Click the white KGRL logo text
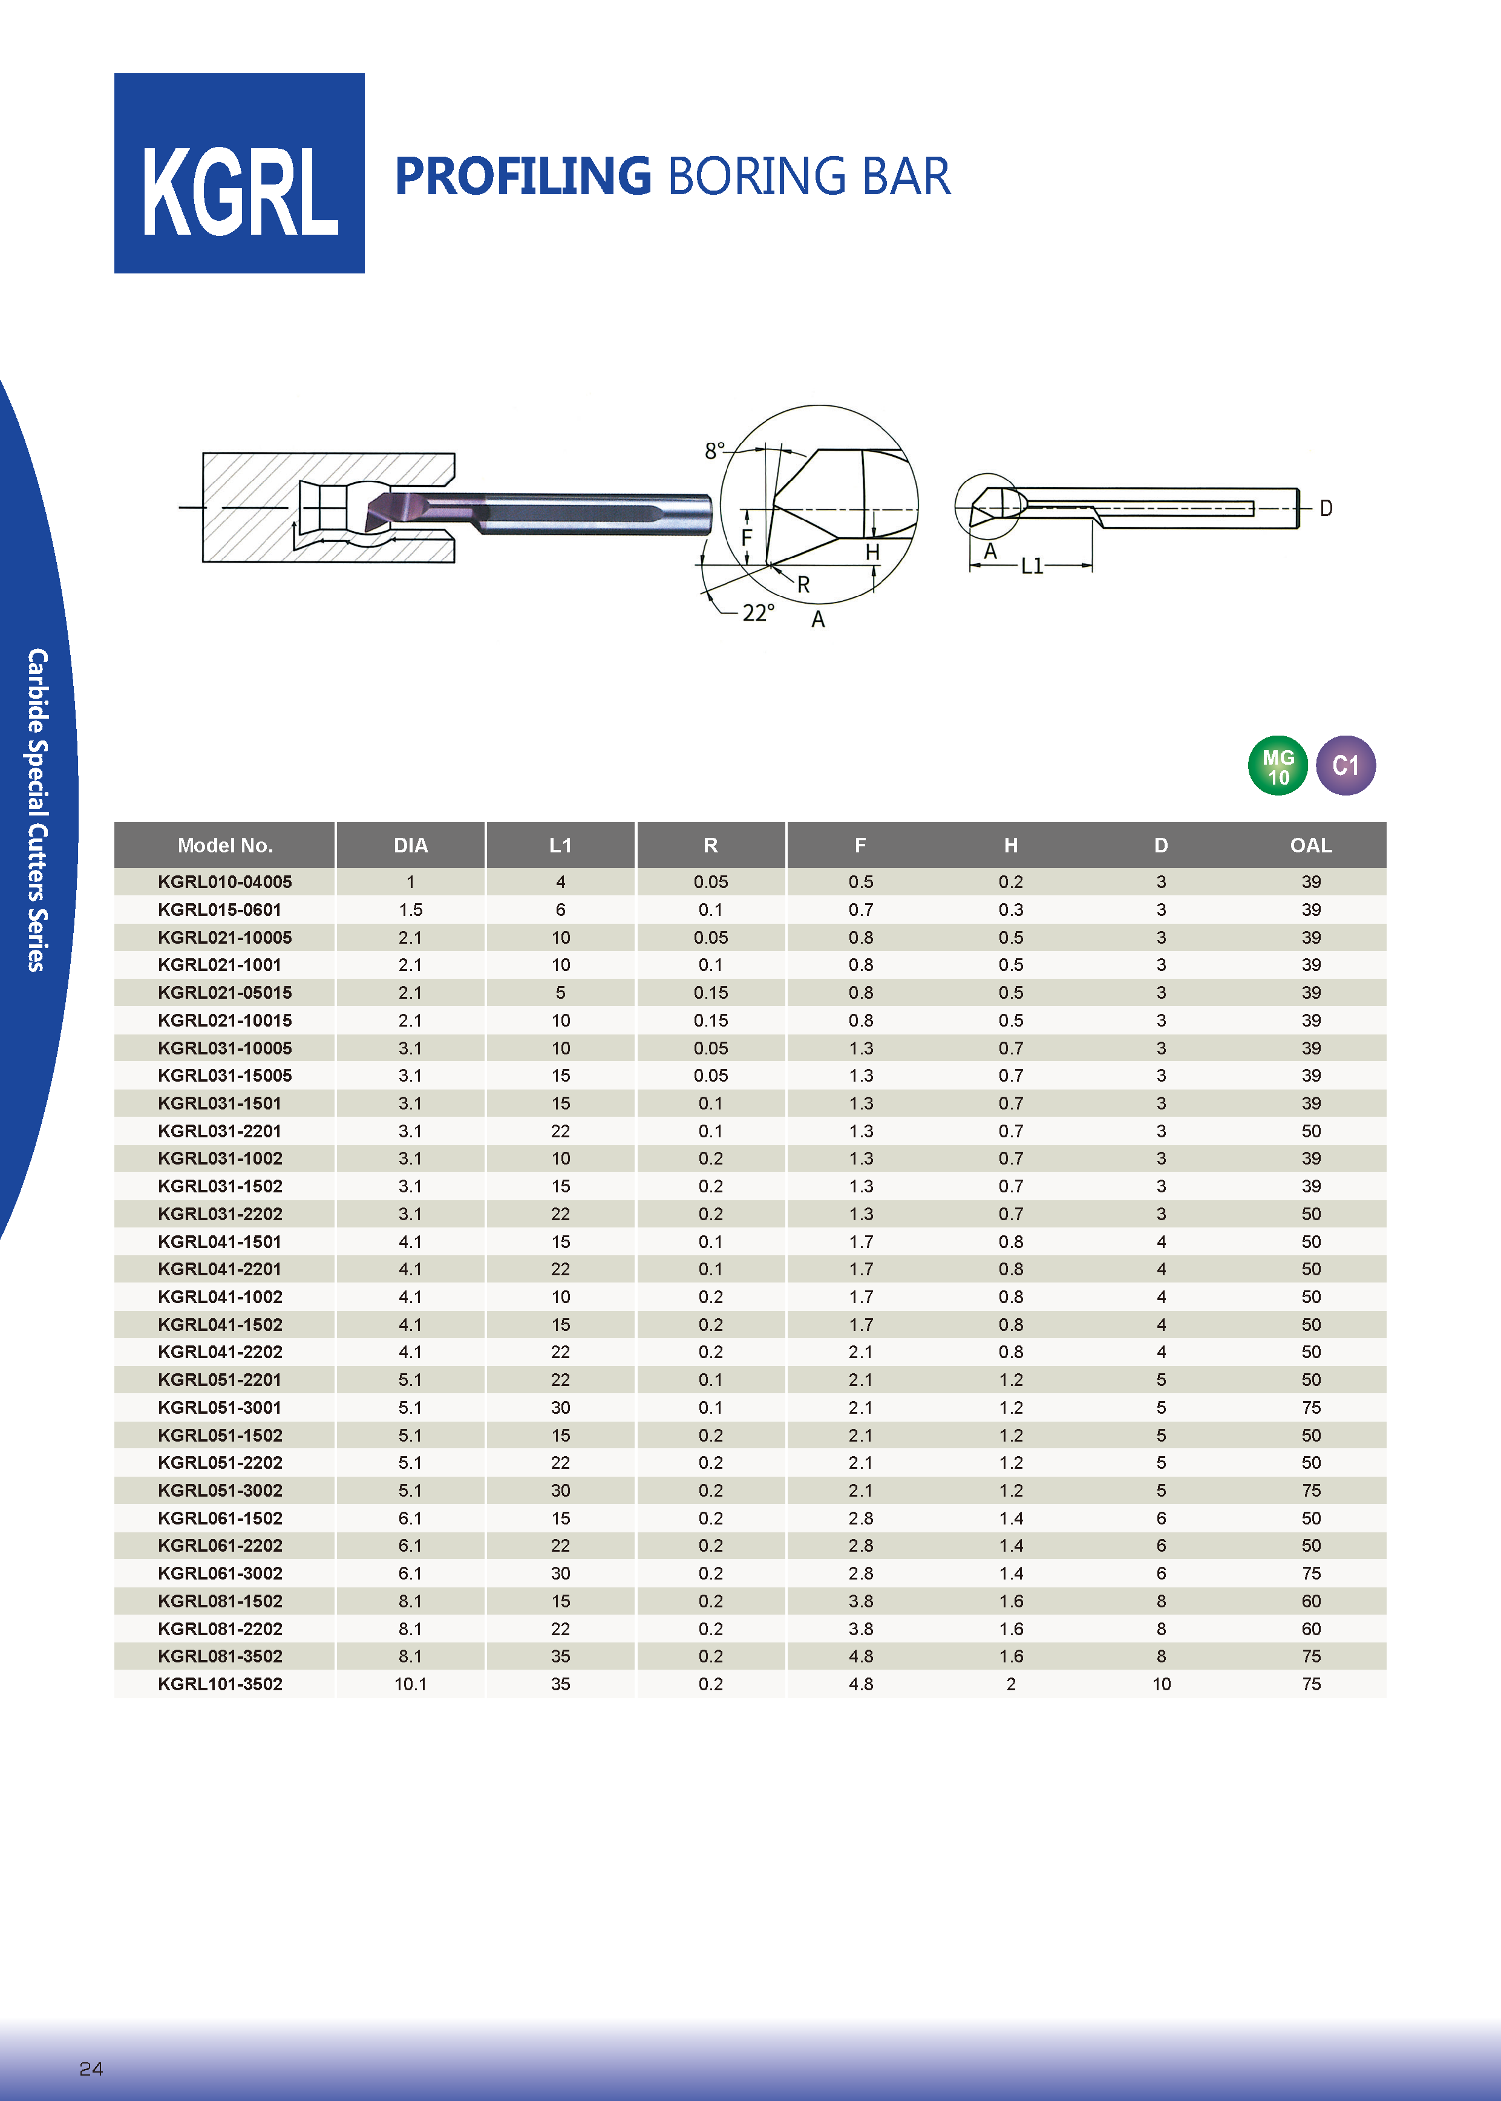pos(240,192)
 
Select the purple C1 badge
pos(1346,766)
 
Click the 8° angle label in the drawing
pos(715,451)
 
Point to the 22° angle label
pos(759,613)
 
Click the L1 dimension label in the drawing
pos(1032,566)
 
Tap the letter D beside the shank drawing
pos(1326,508)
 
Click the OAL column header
pos(1310,845)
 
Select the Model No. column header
pos(224,845)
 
